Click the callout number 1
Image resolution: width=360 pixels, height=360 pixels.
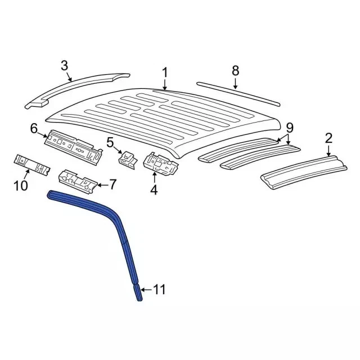click(x=165, y=72)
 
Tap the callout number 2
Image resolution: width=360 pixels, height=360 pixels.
click(x=329, y=137)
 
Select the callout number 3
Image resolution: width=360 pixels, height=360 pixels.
click(x=65, y=66)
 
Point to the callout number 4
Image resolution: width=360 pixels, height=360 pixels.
click(x=154, y=190)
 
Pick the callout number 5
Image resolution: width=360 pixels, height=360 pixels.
click(x=110, y=142)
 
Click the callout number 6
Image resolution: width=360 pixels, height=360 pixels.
click(x=34, y=129)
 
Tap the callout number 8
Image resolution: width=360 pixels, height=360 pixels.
click(x=235, y=71)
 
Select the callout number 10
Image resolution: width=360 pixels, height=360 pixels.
click(x=21, y=184)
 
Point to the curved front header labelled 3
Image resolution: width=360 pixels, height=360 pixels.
click(x=79, y=90)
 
